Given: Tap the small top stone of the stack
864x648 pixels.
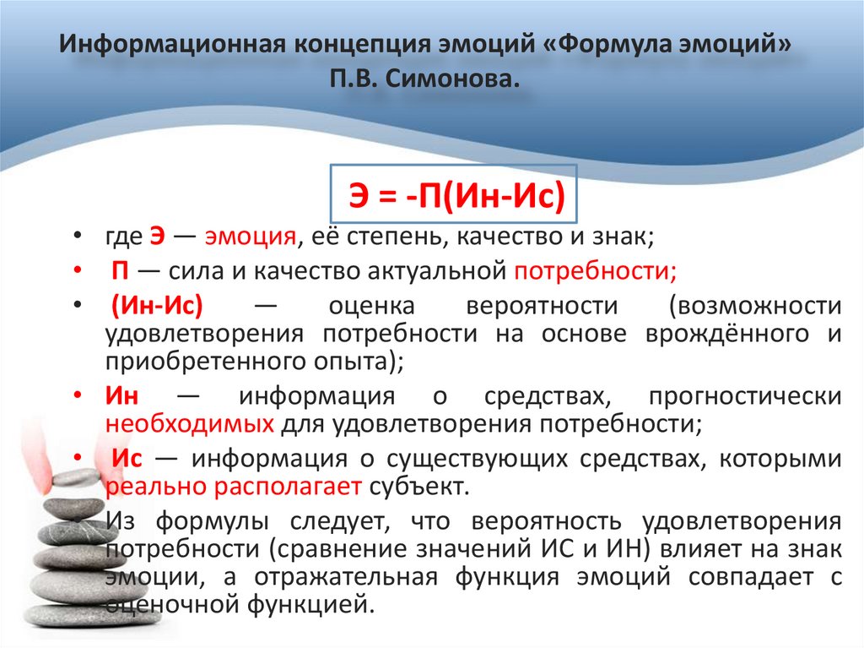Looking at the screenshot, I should coord(76,478).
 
